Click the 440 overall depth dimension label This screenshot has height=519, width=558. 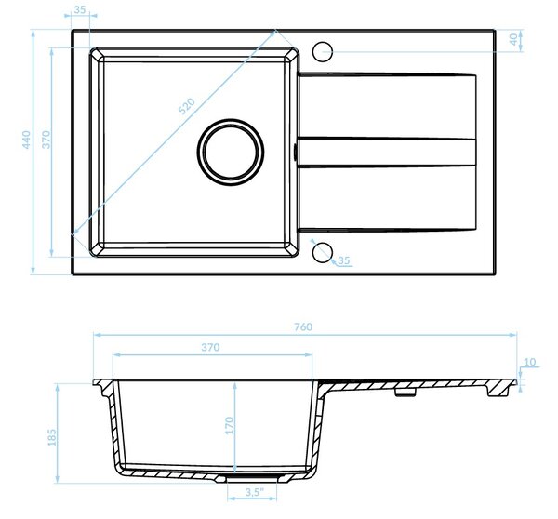click(x=27, y=140)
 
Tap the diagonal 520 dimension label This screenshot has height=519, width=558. click(x=187, y=106)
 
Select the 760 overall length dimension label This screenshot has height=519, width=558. click(x=303, y=326)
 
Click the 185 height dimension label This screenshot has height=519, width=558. click(x=52, y=437)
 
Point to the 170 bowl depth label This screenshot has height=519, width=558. click(x=230, y=425)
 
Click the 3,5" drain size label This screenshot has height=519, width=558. click(x=255, y=492)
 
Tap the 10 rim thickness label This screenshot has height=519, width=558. click(x=530, y=362)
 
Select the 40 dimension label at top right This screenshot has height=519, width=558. click(x=513, y=39)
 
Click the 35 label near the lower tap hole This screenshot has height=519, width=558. click(x=343, y=260)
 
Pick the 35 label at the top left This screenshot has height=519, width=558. click(x=80, y=9)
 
